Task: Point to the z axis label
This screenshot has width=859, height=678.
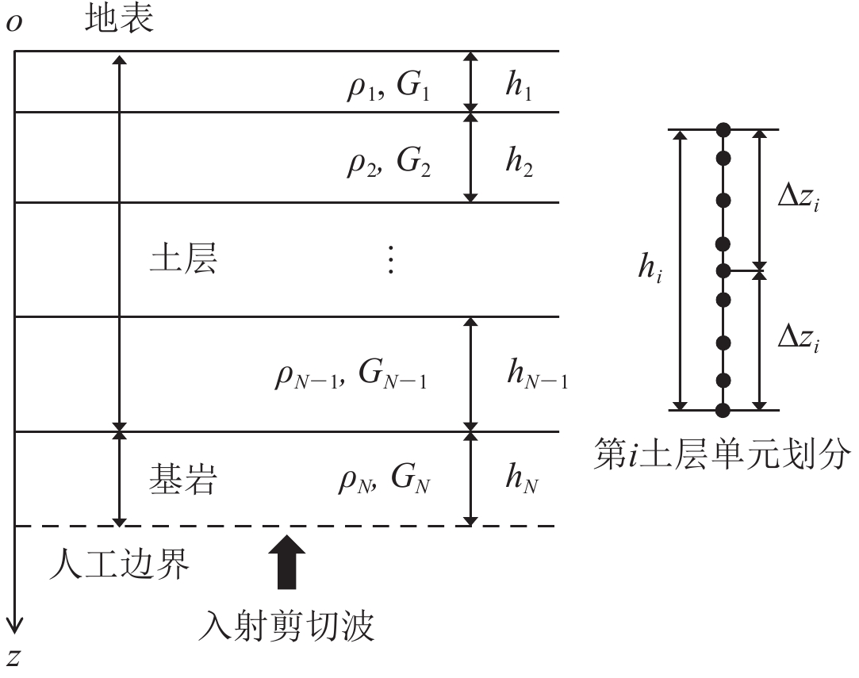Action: pos(13,657)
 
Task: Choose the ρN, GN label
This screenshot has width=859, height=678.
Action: pos(384,481)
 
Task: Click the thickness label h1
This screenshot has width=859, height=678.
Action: pos(520,86)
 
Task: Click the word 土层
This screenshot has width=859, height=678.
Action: pos(182,259)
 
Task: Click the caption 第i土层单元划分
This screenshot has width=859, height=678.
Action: pos(723,457)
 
